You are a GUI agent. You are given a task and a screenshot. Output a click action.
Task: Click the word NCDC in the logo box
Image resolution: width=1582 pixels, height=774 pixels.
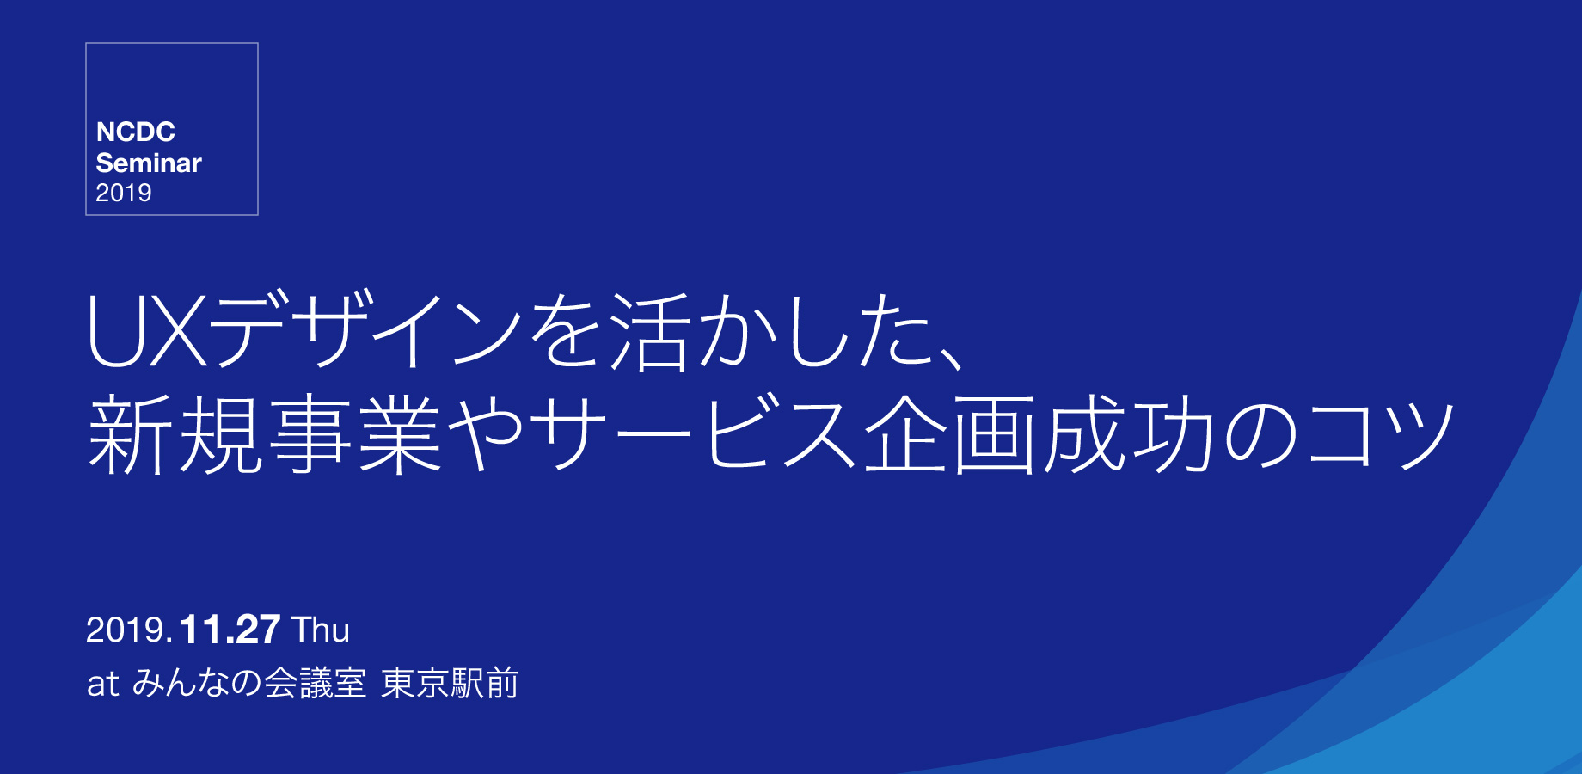coord(136,132)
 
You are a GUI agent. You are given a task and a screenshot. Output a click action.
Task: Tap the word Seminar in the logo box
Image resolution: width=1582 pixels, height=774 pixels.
coord(149,163)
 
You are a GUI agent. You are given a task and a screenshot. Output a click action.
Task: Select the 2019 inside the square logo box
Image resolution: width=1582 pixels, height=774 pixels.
coord(124,193)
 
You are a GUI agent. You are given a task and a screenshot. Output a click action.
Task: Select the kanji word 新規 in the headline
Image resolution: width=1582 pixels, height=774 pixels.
coord(176,434)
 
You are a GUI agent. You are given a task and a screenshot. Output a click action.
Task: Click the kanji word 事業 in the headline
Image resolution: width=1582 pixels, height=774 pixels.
coord(356,434)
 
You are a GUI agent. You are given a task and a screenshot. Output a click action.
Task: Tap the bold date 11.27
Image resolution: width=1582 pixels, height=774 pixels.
coord(230,630)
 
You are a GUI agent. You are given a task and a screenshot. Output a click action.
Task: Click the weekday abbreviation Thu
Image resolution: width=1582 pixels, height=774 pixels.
coord(321,630)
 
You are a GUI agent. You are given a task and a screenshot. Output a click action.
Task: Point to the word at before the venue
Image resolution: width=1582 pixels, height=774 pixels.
coord(102,685)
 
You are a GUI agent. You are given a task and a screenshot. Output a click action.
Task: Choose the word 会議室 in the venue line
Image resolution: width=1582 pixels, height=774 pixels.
coord(315,684)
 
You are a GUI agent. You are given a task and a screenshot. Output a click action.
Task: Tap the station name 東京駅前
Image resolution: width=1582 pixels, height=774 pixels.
coord(450,684)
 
